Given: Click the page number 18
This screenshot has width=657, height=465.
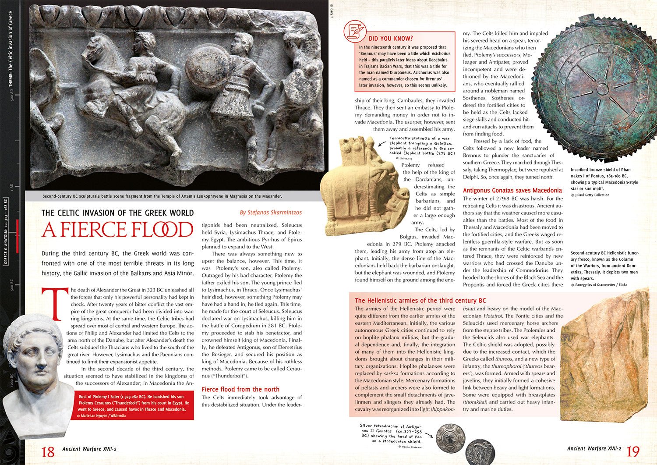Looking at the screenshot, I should click(x=48, y=451).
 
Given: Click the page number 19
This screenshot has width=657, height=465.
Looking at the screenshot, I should click(x=633, y=451).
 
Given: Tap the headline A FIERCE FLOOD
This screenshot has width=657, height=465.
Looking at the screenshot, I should click(x=117, y=230).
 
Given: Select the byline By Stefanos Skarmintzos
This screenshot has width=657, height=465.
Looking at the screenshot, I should click(x=271, y=213).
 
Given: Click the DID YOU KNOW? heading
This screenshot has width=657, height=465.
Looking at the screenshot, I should click(x=391, y=39).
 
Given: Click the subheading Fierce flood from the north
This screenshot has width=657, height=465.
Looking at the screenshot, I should click(x=240, y=389).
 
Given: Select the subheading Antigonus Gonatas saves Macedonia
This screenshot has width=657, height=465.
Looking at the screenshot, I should click(x=512, y=190).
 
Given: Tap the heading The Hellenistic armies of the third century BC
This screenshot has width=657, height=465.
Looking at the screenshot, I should click(x=420, y=300).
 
